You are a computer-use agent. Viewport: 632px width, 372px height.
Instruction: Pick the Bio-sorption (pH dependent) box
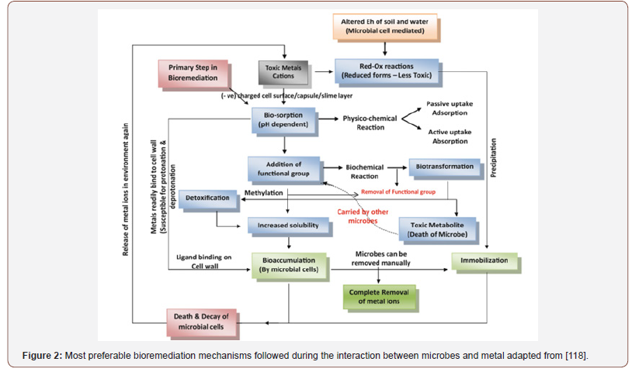[283, 119]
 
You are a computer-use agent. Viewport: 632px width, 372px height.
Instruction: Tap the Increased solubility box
[283, 226]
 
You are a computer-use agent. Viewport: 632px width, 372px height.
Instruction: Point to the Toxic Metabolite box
[437, 228]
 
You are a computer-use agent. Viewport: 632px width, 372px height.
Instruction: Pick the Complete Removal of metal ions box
[379, 296]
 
